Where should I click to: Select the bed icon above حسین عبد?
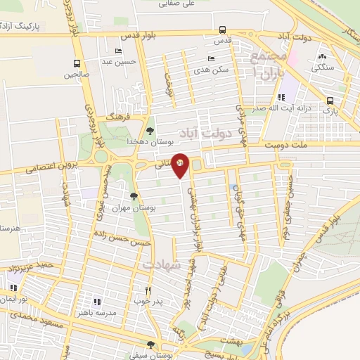coord(118,51)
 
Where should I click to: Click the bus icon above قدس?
coord(222,30)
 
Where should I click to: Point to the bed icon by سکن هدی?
coord(210,59)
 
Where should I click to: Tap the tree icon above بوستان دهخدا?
coord(150,130)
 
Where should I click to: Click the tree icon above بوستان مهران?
coord(134,196)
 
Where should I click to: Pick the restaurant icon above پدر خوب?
coord(148,290)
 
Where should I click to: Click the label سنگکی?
coord(323,67)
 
